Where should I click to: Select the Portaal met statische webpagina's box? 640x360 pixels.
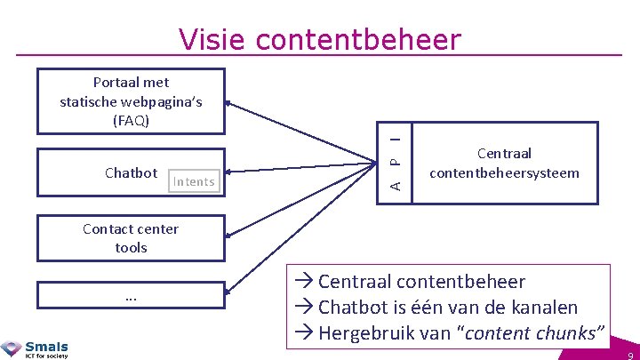tap(131, 101)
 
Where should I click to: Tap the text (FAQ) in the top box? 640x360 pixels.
tap(131, 120)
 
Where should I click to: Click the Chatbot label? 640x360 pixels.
tap(131, 172)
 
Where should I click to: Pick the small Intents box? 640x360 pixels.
tap(194, 181)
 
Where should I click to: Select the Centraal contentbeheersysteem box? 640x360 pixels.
tap(504, 163)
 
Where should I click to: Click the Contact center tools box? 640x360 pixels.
tap(131, 238)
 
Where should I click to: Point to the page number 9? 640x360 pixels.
tap(628, 353)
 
